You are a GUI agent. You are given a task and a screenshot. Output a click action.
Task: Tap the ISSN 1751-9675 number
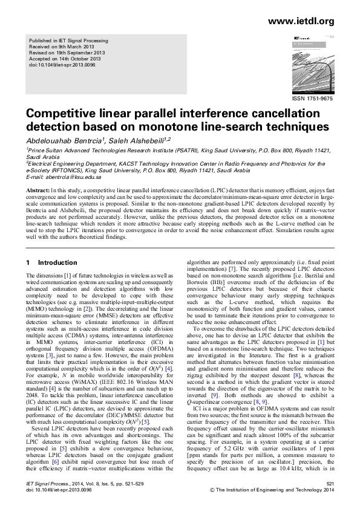tap(312, 97)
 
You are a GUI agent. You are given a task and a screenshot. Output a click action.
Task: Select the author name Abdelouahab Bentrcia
tap(63, 140)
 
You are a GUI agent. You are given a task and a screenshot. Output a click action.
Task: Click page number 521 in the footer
tap(330, 484)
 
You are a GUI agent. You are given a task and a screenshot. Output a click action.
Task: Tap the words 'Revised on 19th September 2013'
tap(67, 53)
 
